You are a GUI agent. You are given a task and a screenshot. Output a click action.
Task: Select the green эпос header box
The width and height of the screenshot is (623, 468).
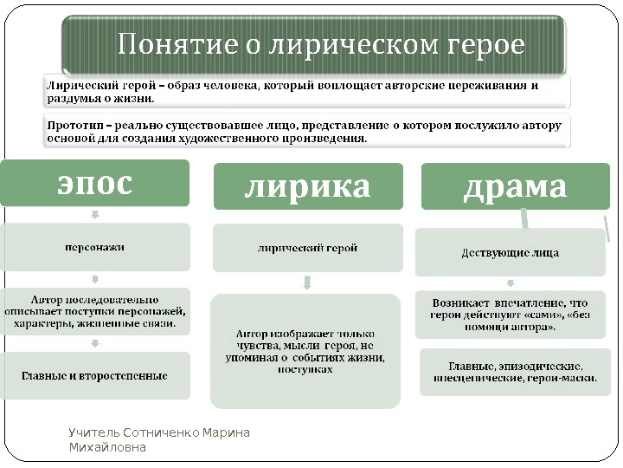(x=95, y=184)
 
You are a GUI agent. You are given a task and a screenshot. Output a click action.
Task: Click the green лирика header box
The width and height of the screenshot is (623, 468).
(x=308, y=186)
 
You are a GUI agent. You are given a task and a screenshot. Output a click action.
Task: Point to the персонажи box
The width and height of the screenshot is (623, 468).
(x=95, y=247)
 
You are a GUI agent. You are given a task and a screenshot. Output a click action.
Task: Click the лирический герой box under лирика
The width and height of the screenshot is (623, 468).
(x=308, y=248)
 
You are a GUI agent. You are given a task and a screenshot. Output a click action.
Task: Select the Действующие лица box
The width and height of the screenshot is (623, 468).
(x=511, y=253)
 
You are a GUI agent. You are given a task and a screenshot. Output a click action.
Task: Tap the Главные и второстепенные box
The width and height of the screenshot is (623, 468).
(x=95, y=375)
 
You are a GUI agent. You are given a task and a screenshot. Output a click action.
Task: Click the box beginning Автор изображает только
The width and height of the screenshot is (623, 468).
(x=305, y=351)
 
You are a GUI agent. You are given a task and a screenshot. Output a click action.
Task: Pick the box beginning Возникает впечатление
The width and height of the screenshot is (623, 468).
(x=511, y=315)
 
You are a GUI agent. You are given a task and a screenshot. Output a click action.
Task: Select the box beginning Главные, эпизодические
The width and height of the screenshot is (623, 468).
(x=514, y=373)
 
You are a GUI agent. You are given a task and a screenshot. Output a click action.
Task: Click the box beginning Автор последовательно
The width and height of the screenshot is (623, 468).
(x=95, y=312)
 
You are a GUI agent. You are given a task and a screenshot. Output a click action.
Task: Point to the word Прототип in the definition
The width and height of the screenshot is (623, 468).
(x=70, y=126)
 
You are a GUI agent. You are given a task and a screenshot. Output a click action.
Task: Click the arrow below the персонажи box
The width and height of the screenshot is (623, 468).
(x=95, y=279)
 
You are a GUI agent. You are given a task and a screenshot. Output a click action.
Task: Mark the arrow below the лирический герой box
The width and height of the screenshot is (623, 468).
(x=307, y=283)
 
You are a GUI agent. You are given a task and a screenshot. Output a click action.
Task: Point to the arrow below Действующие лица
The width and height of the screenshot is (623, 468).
(x=511, y=283)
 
